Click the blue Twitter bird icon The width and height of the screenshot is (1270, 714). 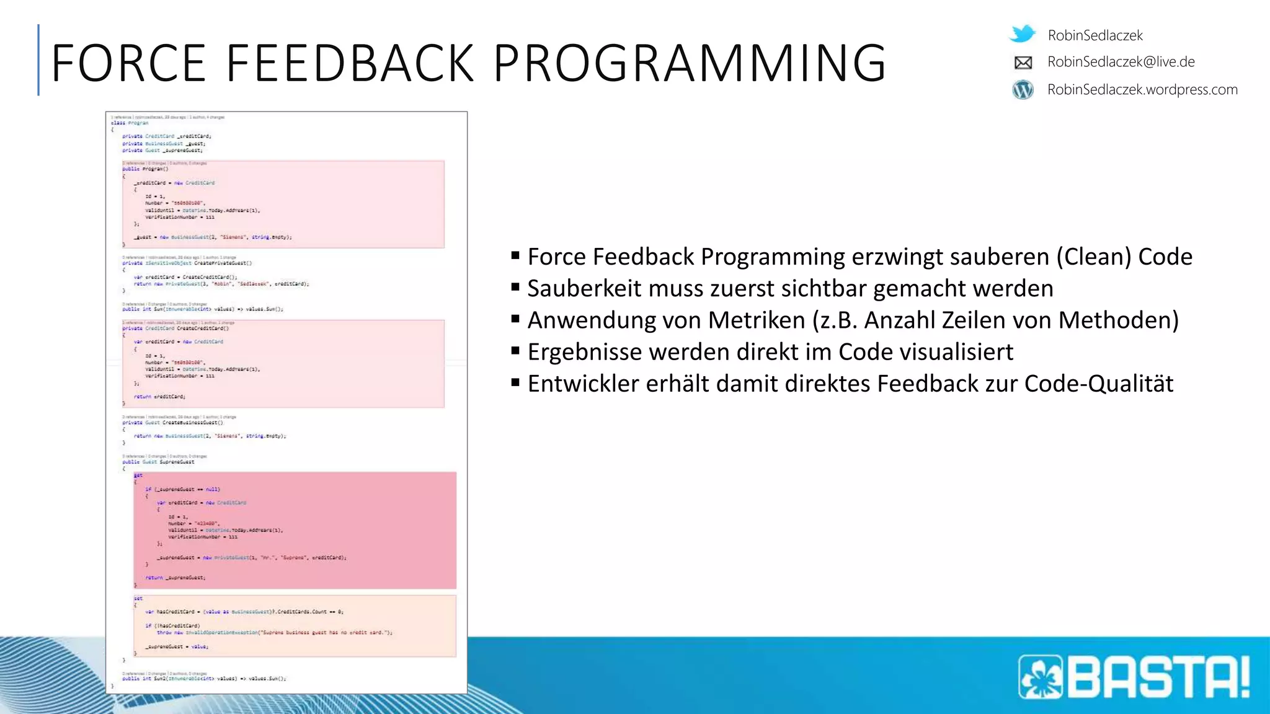coord(1023,33)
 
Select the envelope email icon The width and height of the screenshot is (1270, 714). coord(1023,63)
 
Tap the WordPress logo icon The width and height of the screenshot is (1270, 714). coord(1023,90)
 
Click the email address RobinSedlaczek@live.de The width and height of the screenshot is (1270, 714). coord(1121,62)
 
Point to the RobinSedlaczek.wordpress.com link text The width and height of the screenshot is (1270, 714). coord(1142,90)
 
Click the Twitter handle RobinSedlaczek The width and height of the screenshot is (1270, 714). coord(1095,35)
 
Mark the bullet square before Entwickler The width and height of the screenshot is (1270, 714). coord(515,382)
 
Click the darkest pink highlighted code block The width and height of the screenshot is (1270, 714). coord(295,530)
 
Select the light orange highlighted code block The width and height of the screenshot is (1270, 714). coord(295,625)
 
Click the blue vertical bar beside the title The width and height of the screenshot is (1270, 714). coord(38,60)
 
